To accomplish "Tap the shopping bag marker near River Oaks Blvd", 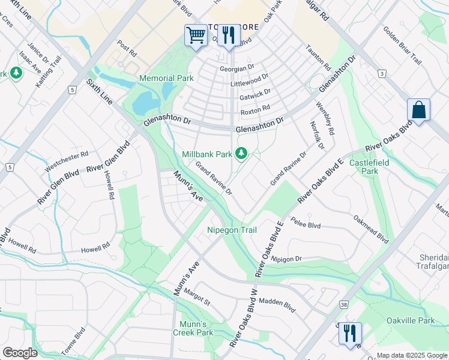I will (x=418, y=110).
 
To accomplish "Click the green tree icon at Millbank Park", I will (x=241, y=154).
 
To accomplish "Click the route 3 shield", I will (x=381, y=73).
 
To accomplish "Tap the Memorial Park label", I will (x=166, y=79).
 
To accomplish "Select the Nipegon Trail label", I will (x=232, y=230).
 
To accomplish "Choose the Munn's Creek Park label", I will (x=193, y=328).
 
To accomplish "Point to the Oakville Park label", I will (x=411, y=320).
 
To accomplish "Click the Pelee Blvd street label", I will (x=306, y=223).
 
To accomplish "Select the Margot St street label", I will (x=197, y=298).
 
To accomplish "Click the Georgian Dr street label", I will (x=237, y=69).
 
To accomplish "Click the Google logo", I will (x=19, y=353).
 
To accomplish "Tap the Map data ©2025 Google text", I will (x=412, y=355).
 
